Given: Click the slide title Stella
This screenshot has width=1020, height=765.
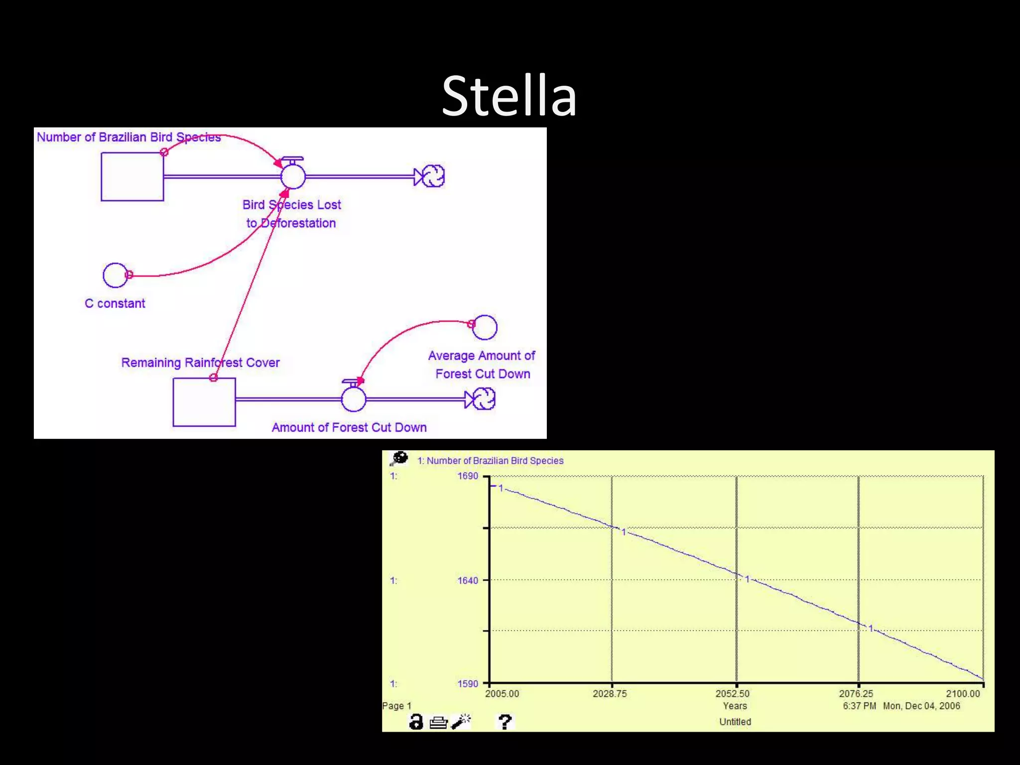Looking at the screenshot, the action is coord(509,96).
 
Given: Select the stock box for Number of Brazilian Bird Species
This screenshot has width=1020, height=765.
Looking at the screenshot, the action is coord(132,177).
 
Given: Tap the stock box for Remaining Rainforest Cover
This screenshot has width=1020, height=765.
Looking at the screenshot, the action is coord(204,402).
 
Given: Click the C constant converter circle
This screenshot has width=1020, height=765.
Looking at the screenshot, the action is coord(115,275).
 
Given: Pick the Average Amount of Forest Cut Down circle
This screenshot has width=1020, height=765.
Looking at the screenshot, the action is coord(485,327).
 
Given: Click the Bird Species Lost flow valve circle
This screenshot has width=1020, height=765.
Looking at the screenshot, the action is coord(293,176).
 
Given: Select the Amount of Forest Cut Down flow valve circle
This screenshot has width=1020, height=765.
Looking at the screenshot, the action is coord(354,399).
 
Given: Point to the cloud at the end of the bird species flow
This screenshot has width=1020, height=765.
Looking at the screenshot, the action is coord(433,176).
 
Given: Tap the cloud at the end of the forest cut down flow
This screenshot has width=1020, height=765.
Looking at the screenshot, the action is coord(484,399).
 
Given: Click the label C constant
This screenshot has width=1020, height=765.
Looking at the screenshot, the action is coord(115,303).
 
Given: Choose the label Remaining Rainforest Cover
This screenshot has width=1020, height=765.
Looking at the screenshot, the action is coord(200,363).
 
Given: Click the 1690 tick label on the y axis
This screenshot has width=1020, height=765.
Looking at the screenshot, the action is coord(468,476).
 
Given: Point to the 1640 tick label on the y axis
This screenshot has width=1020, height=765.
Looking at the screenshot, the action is coord(468,580).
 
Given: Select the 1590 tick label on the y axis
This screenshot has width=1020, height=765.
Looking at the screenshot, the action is coord(468,684).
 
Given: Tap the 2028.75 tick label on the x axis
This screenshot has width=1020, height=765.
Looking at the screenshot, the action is coord(610,694).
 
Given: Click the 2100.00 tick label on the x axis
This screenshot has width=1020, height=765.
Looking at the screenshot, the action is coord(963,694).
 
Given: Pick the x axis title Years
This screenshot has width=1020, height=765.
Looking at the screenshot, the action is coord(735,706).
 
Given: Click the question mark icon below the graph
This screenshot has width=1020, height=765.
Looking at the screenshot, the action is coord(505,722).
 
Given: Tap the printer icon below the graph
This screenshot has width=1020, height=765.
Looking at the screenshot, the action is coord(438,722).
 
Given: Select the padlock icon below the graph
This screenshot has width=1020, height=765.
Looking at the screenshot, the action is coord(416,722).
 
